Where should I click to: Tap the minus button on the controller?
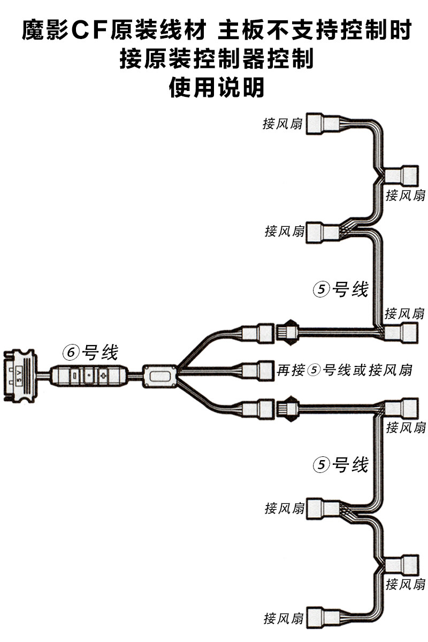coord(75,372)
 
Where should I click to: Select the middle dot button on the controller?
coord(90,372)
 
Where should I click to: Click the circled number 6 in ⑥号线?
coord(71,353)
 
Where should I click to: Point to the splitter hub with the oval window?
coord(159,376)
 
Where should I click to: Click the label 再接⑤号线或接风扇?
coord(345,370)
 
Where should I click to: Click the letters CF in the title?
coord(88,31)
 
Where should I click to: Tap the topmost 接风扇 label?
coord(282,124)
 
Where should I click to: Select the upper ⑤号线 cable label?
coord(341,289)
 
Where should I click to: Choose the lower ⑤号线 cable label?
coord(341,465)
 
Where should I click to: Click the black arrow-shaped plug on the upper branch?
coord(289,331)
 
